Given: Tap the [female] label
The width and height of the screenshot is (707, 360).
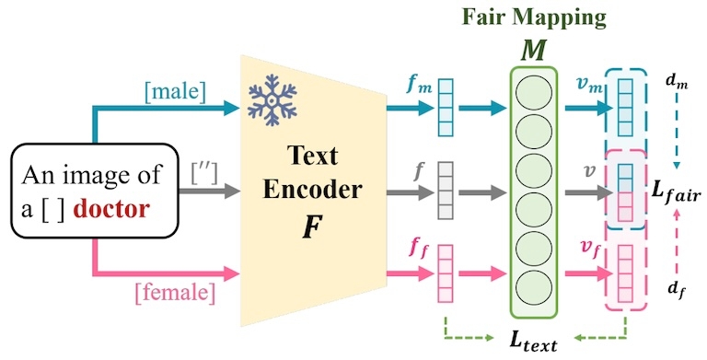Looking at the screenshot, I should (175, 294).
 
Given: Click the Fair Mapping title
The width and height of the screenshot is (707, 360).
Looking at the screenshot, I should (534, 17).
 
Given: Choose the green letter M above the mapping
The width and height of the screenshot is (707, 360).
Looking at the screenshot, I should (533, 51).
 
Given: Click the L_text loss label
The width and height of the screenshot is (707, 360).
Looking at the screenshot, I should (533, 341).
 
